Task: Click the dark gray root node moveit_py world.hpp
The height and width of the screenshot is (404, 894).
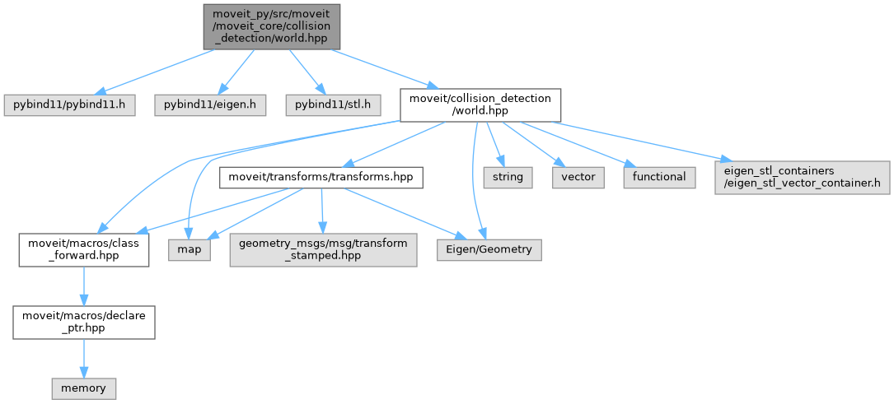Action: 271,26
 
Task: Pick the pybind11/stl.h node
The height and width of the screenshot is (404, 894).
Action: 334,104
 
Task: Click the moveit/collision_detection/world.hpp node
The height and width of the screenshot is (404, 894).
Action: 480,104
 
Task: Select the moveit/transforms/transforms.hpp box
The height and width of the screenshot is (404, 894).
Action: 321,177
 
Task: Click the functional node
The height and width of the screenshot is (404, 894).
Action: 659,177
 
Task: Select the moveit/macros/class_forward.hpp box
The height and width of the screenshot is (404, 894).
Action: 84,249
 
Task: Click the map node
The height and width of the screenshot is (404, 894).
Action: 190,249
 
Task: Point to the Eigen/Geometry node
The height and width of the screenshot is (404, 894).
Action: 489,249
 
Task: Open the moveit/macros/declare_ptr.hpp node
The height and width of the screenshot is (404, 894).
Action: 84,322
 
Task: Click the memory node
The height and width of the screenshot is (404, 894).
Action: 83,387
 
